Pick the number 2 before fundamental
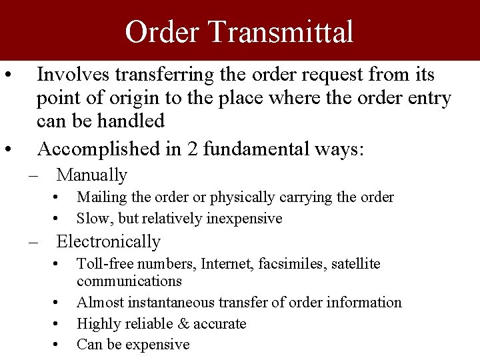pyautogui.click(x=193, y=148)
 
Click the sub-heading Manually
pyautogui.click(x=92, y=175)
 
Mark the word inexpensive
pyautogui.click(x=244, y=219)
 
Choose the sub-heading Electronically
pyautogui.click(x=109, y=241)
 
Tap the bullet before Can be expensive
pyautogui.click(x=59, y=345)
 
